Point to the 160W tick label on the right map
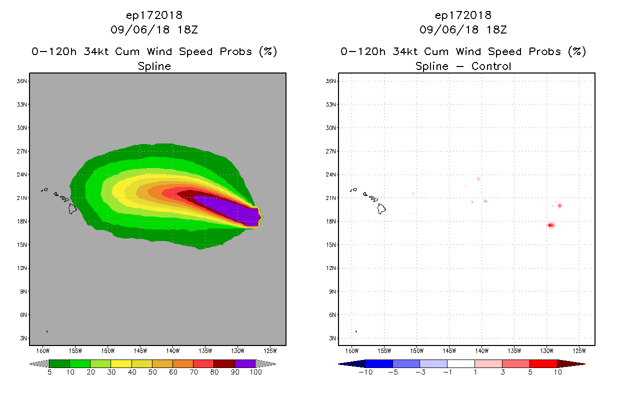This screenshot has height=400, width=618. click(352, 350)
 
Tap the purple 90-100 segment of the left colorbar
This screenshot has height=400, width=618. click(245, 363)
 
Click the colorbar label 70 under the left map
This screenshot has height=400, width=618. click(193, 372)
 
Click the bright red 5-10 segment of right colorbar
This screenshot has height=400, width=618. click(543, 363)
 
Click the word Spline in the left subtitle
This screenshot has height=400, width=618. click(154, 66)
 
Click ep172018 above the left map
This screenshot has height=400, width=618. click(154, 15)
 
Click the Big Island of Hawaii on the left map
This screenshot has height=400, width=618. click(72, 208)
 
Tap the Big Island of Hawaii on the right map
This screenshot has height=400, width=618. click(381, 208)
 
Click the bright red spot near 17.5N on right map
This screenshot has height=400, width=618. click(550, 225)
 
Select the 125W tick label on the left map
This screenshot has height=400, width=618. click(269, 350)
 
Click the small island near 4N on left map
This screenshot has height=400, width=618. click(47, 331)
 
